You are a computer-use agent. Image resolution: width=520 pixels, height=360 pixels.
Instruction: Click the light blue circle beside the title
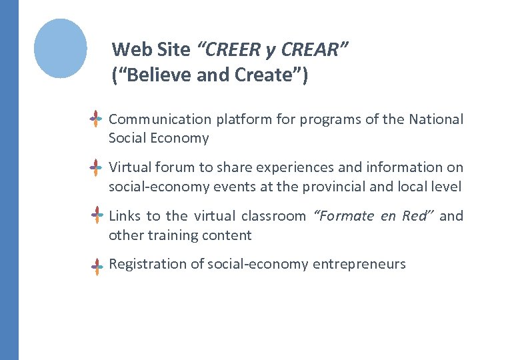pos(61,48)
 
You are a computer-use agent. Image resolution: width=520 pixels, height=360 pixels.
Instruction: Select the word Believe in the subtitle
pos(155,75)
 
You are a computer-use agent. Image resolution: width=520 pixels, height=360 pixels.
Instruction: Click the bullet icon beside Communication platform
pos(97,119)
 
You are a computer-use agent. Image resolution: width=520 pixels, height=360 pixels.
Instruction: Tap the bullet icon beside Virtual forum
pos(97,167)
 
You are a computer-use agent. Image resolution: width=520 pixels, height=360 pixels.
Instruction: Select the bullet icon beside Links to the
pos(97,216)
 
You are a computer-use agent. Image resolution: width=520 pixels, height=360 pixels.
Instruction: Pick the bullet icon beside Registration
pos(97,265)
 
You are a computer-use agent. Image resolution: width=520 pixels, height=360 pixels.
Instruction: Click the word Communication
pos(159,119)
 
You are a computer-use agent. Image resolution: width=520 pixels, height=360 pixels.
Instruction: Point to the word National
pos(436,119)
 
